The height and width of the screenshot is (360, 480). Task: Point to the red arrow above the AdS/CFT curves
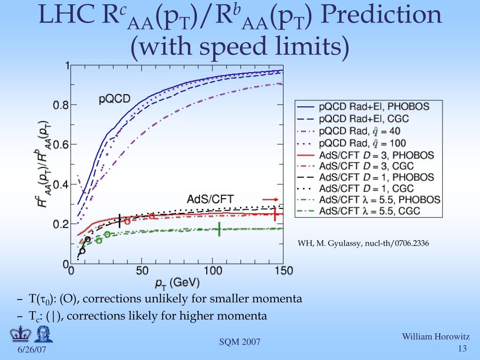pyautogui.click(x=270, y=199)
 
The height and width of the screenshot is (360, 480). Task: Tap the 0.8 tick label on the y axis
pyautogui.click(x=60, y=105)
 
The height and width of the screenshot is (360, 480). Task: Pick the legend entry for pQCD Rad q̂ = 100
pyautogui.click(x=363, y=143)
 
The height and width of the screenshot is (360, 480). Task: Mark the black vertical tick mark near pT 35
pyautogui.click(x=120, y=220)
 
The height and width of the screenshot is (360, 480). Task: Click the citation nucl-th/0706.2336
pyautogui.click(x=363, y=244)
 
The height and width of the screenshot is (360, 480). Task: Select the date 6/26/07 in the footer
pyautogui.click(x=32, y=351)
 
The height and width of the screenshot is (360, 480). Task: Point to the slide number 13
pyautogui.click(x=462, y=349)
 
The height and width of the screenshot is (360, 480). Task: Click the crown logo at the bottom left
pyautogui.click(x=19, y=335)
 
